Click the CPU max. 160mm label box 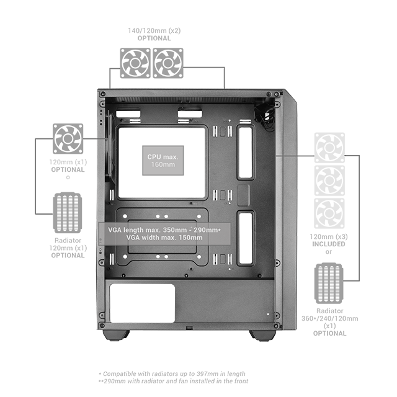[163, 160]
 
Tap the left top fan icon [135, 63]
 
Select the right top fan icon [168, 63]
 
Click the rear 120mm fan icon [68, 138]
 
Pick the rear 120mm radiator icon [68, 213]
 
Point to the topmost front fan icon [329, 148]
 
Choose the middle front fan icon [329, 181]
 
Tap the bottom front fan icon [329, 213]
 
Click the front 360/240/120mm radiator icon [329, 283]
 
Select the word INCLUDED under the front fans [329, 244]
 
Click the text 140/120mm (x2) [154, 30]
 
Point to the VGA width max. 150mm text [164, 238]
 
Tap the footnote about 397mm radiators [172, 373]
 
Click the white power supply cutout [142, 303]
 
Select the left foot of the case [116, 335]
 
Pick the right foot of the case [262, 335]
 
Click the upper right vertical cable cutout [246, 153]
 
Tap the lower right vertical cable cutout [246, 238]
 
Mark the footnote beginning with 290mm [174, 381]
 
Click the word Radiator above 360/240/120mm [329, 311]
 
